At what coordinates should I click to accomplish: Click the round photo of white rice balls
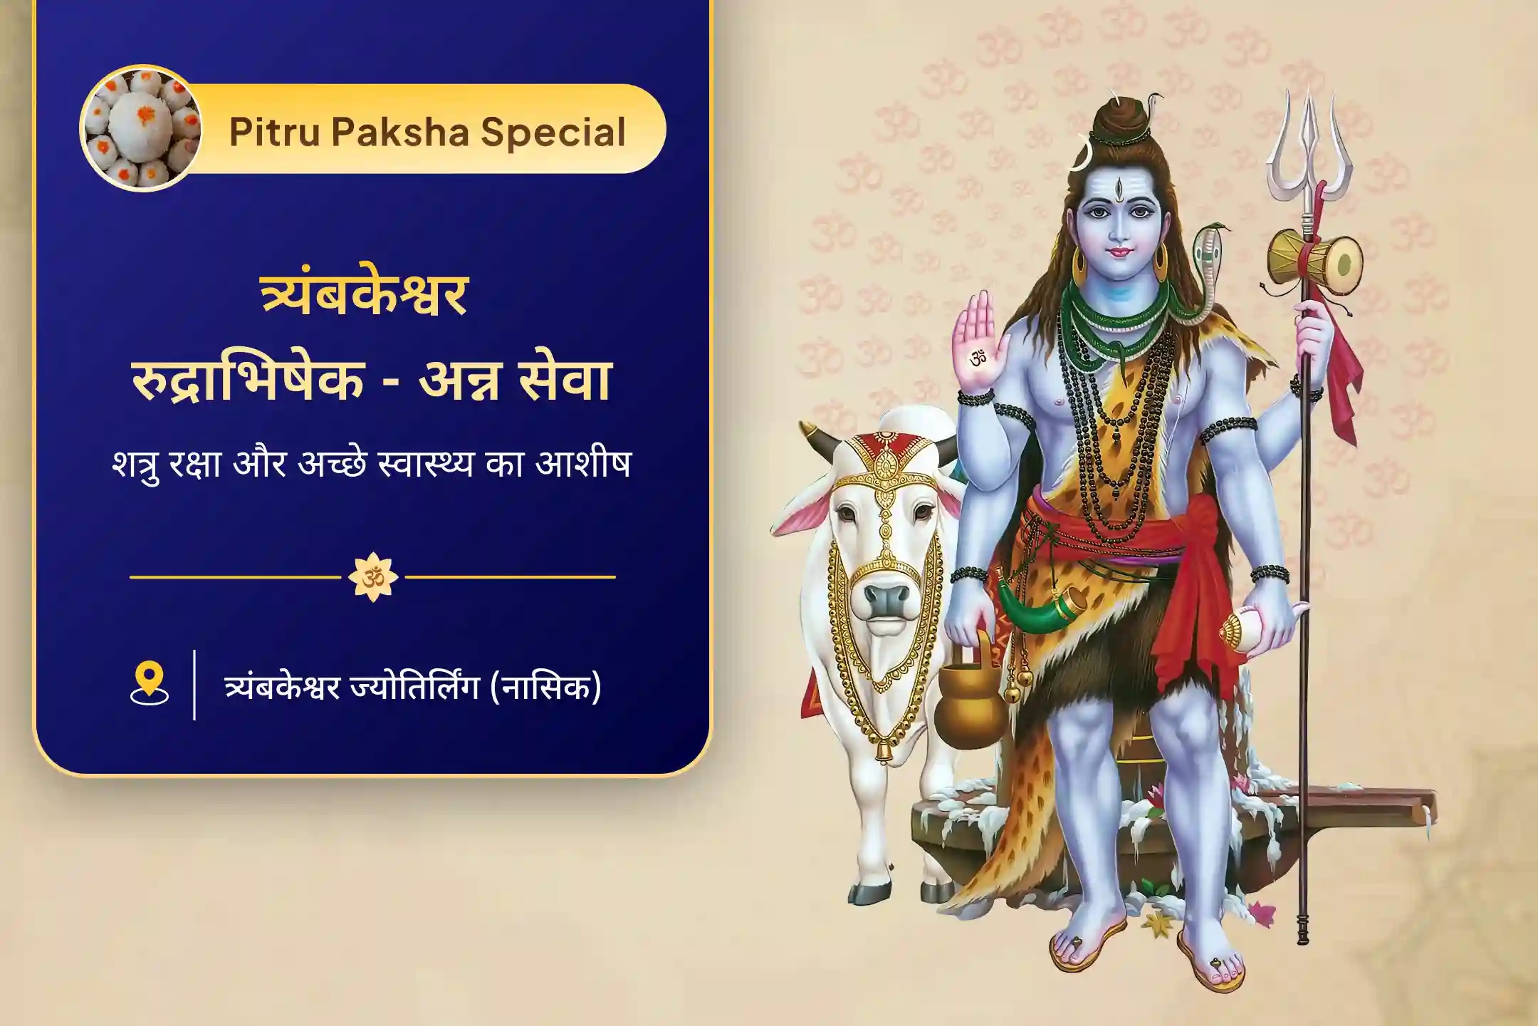140,129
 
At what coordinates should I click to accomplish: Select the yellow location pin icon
149,684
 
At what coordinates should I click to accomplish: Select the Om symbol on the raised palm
978,357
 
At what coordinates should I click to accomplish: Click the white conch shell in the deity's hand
1264,627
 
